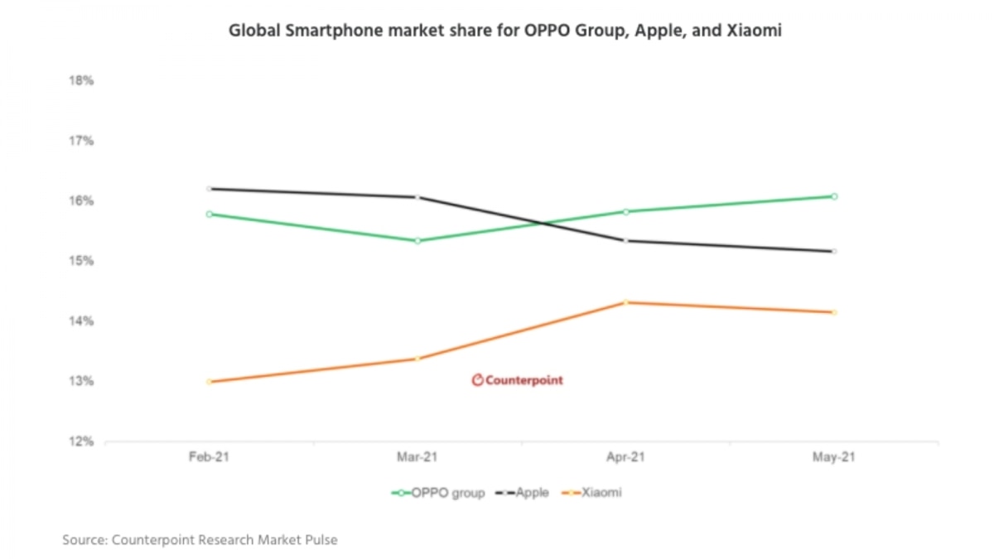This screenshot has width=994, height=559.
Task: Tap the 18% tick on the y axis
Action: pyautogui.click(x=81, y=81)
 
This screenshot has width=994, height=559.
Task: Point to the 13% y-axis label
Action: pyautogui.click(x=81, y=382)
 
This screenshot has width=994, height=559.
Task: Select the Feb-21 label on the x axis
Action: pyautogui.click(x=209, y=457)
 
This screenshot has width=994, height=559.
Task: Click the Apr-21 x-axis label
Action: pyautogui.click(x=625, y=457)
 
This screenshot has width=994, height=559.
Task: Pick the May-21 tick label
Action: pyautogui.click(x=834, y=457)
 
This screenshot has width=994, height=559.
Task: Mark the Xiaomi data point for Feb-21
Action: pyautogui.click(x=209, y=382)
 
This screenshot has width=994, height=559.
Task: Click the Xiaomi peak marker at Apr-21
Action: pyautogui.click(x=626, y=302)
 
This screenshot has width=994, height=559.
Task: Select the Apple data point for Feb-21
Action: pyautogui.click(x=209, y=189)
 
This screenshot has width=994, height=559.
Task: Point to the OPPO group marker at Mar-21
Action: pyautogui.click(x=417, y=241)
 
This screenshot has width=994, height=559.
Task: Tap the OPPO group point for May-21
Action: pyautogui.click(x=834, y=196)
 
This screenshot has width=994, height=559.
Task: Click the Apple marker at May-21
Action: pyautogui.click(x=834, y=251)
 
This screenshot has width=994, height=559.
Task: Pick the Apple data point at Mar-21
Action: pyautogui.click(x=417, y=197)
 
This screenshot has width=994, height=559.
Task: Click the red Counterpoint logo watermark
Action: pyautogui.click(x=517, y=380)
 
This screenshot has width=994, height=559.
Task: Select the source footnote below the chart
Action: pyautogui.click(x=200, y=540)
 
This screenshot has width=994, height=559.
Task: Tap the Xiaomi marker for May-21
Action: pyautogui.click(x=834, y=312)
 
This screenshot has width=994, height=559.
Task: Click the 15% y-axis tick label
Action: pyautogui.click(x=81, y=262)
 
